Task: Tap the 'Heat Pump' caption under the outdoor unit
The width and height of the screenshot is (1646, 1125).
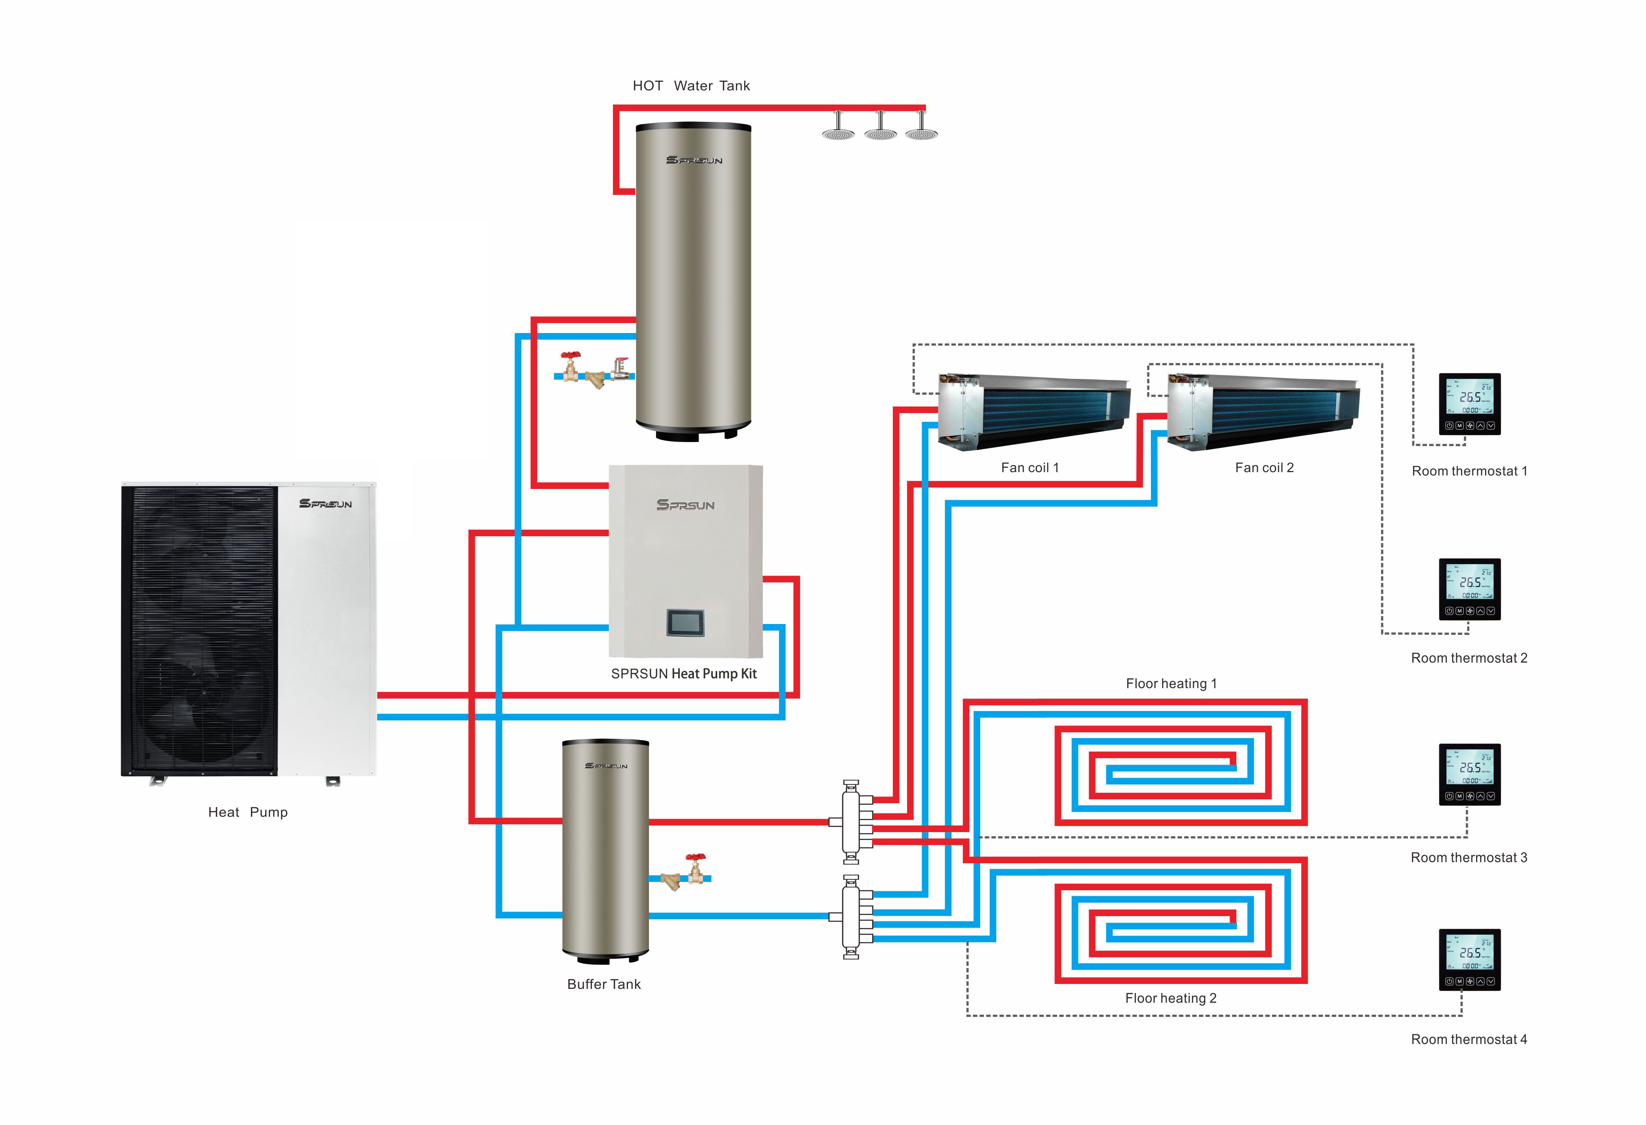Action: click(248, 812)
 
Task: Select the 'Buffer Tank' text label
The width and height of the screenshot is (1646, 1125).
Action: click(604, 984)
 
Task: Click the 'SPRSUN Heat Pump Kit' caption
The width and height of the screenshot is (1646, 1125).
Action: click(683, 673)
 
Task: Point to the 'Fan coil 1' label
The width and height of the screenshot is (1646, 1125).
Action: click(1029, 467)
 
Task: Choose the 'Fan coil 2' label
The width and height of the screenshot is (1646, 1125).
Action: click(1263, 467)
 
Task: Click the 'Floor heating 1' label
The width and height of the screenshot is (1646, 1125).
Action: click(1171, 683)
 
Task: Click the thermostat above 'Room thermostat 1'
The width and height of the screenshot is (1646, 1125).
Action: click(1469, 403)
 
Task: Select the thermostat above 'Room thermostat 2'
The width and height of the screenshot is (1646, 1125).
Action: click(1469, 589)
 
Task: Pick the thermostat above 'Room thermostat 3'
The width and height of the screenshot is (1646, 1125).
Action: click(1469, 774)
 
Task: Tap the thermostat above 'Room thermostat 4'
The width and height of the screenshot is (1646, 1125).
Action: click(1469, 959)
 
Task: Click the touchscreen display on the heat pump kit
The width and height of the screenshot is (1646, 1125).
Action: click(685, 622)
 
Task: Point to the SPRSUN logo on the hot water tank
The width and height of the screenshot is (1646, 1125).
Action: click(694, 160)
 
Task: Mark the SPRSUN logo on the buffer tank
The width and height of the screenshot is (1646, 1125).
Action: click(605, 765)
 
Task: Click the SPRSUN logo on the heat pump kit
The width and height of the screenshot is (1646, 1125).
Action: click(685, 505)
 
